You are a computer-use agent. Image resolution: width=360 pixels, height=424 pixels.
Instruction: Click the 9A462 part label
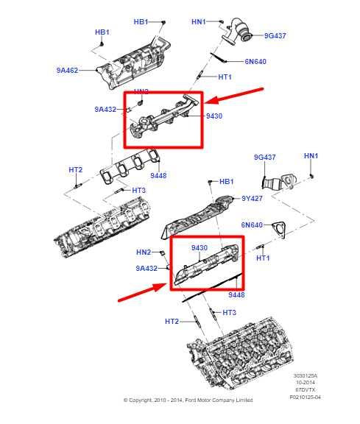pyautogui.click(x=68, y=71)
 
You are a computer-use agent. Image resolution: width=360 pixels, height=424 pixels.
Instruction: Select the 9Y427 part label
pyautogui.click(x=253, y=198)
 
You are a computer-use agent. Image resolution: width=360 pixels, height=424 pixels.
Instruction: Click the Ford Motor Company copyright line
pyautogui.click(x=188, y=400)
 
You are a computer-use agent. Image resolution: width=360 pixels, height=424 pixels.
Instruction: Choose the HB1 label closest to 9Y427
pyautogui.click(x=227, y=181)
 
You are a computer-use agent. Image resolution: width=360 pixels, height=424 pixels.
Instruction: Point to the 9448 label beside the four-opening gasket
pyautogui.click(x=158, y=176)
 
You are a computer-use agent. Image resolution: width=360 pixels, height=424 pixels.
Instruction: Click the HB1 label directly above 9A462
pyautogui.click(x=102, y=32)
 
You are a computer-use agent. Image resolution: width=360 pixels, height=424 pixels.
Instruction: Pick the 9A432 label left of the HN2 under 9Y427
pyautogui.click(x=147, y=269)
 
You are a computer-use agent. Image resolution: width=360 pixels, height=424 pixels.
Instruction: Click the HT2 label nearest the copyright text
pyautogui.click(x=172, y=321)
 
